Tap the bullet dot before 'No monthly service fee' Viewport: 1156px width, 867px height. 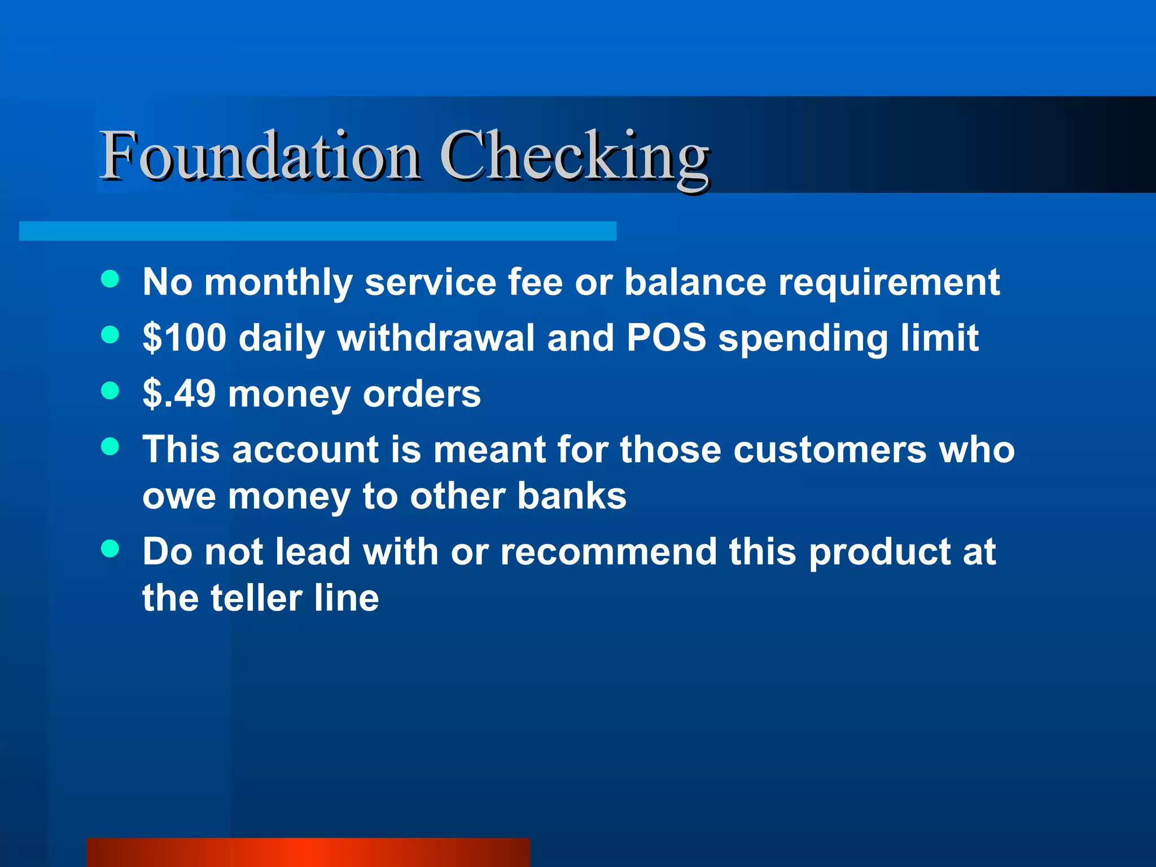pyautogui.click(x=110, y=279)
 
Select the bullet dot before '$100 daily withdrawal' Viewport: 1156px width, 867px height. pyautogui.click(x=110, y=335)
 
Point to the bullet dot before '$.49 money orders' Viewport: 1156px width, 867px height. pyautogui.click(x=110, y=391)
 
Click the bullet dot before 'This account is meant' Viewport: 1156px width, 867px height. pyautogui.click(x=110, y=446)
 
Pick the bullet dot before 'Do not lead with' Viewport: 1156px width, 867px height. pyautogui.click(x=110, y=548)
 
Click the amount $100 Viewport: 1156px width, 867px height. pyautogui.click(x=185, y=338)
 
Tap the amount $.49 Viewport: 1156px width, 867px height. pyautogui.click(x=179, y=393)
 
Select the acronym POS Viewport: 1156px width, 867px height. pyautogui.click(x=666, y=338)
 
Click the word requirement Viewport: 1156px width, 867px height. pyautogui.click(x=889, y=282)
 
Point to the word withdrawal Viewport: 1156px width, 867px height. pyautogui.click(x=436, y=338)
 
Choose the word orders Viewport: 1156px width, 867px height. pyautogui.click(x=422, y=393)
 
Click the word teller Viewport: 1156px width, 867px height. pyautogui.click(x=256, y=598)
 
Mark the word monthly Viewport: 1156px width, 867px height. pyautogui.click(x=278, y=282)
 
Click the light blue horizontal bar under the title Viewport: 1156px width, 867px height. pyautogui.click(x=317, y=231)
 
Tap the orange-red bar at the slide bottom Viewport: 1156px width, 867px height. pyautogui.click(x=308, y=852)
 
